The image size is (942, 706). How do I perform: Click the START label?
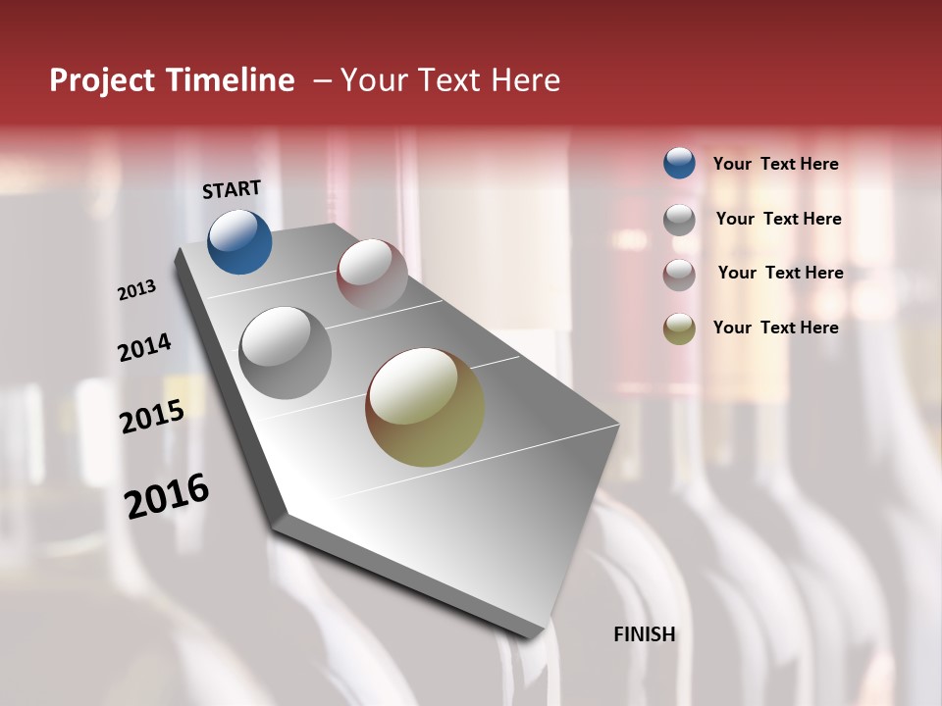(232, 189)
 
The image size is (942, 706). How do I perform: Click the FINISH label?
(644, 634)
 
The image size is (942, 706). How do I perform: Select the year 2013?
(136, 290)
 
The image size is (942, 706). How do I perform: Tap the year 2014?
(144, 347)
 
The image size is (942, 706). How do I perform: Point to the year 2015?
(152, 417)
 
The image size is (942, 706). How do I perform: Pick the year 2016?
(167, 496)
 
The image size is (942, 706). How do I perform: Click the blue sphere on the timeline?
(239, 241)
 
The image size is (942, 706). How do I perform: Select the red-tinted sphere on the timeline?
(372, 275)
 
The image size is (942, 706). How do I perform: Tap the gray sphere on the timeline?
(286, 352)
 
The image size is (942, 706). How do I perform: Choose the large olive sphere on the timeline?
(425, 407)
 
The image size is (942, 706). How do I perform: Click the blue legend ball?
(679, 163)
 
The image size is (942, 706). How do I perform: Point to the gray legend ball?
(679, 220)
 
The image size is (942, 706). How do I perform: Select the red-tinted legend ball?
(679, 275)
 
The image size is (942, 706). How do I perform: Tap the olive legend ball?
(679, 328)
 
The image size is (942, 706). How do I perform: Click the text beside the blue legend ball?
(775, 164)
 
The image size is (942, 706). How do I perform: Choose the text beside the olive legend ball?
(775, 328)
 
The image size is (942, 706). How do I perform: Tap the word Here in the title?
(525, 80)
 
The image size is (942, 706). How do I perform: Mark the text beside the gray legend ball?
(778, 219)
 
